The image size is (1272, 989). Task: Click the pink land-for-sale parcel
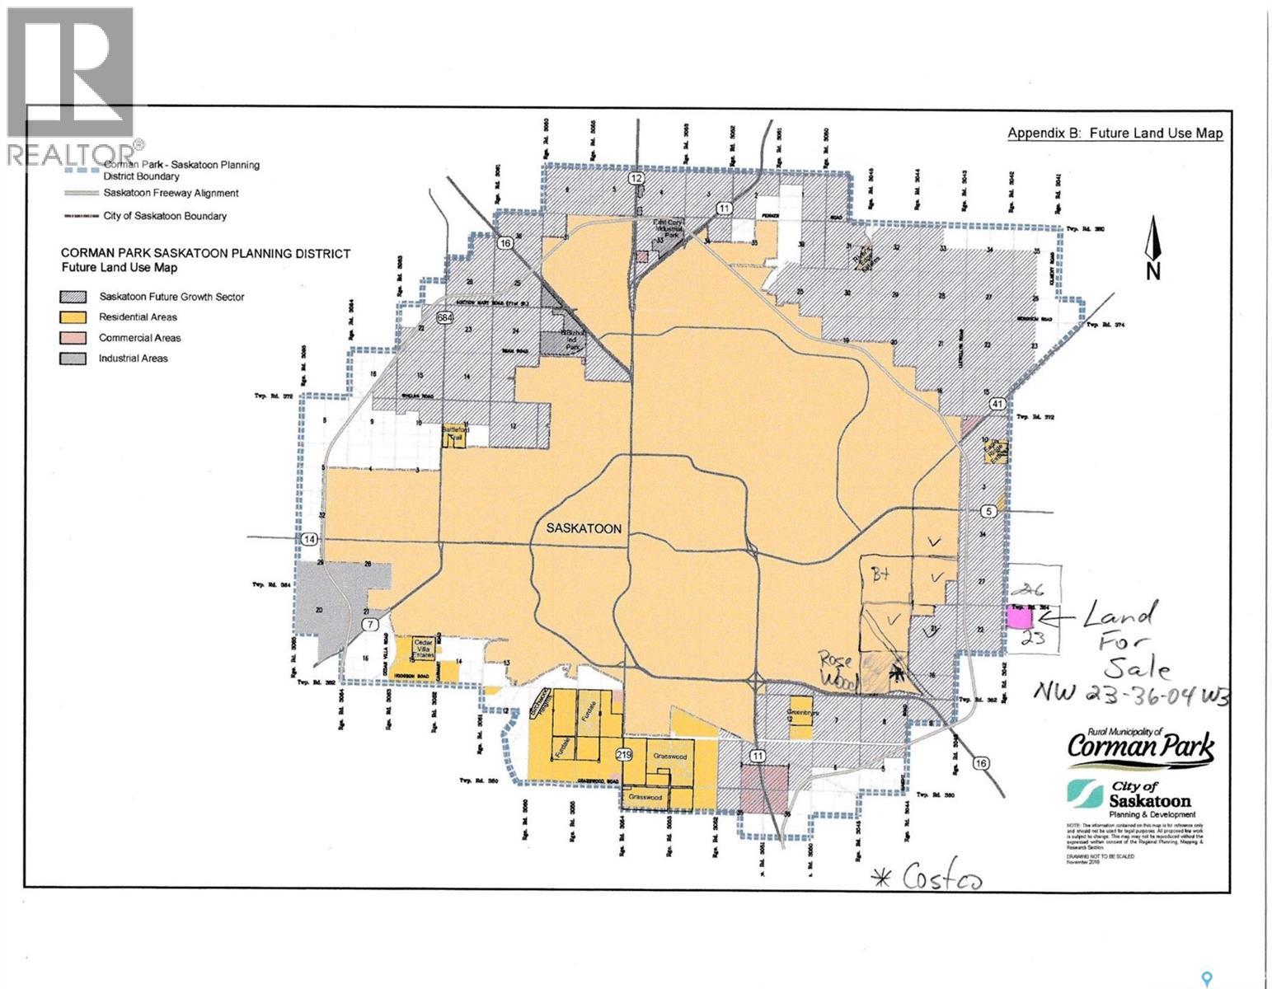[x=1020, y=616]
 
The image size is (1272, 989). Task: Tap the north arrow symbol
[x=1152, y=248]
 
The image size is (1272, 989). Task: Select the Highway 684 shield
[x=445, y=317]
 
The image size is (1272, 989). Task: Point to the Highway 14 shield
[x=308, y=539]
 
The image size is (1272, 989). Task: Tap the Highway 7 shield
[x=373, y=623]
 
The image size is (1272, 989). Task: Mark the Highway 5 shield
[x=990, y=511]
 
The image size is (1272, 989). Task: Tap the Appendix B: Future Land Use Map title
[x=1115, y=134]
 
